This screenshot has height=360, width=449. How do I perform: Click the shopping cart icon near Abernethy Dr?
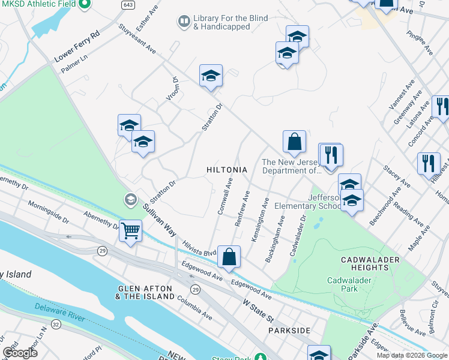(x=130, y=230)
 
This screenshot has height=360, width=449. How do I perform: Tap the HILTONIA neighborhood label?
(x=227, y=170)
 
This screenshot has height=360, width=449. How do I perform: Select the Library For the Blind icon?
(x=183, y=23)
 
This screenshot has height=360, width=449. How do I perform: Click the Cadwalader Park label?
(x=349, y=284)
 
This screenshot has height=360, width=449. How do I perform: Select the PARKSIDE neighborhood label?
(x=289, y=331)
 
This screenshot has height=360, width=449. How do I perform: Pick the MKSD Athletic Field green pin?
(x=84, y=5)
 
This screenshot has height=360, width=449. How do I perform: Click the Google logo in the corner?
(x=20, y=353)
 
